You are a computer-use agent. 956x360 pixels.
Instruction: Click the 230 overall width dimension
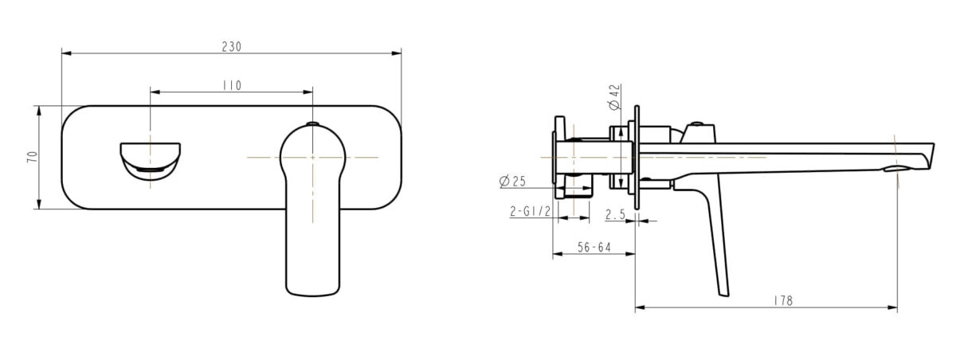click(x=231, y=46)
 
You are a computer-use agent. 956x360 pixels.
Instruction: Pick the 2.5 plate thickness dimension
click(x=615, y=213)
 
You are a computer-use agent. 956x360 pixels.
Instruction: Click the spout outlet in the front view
click(x=150, y=159)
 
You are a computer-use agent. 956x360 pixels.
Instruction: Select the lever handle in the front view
click(x=312, y=215)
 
